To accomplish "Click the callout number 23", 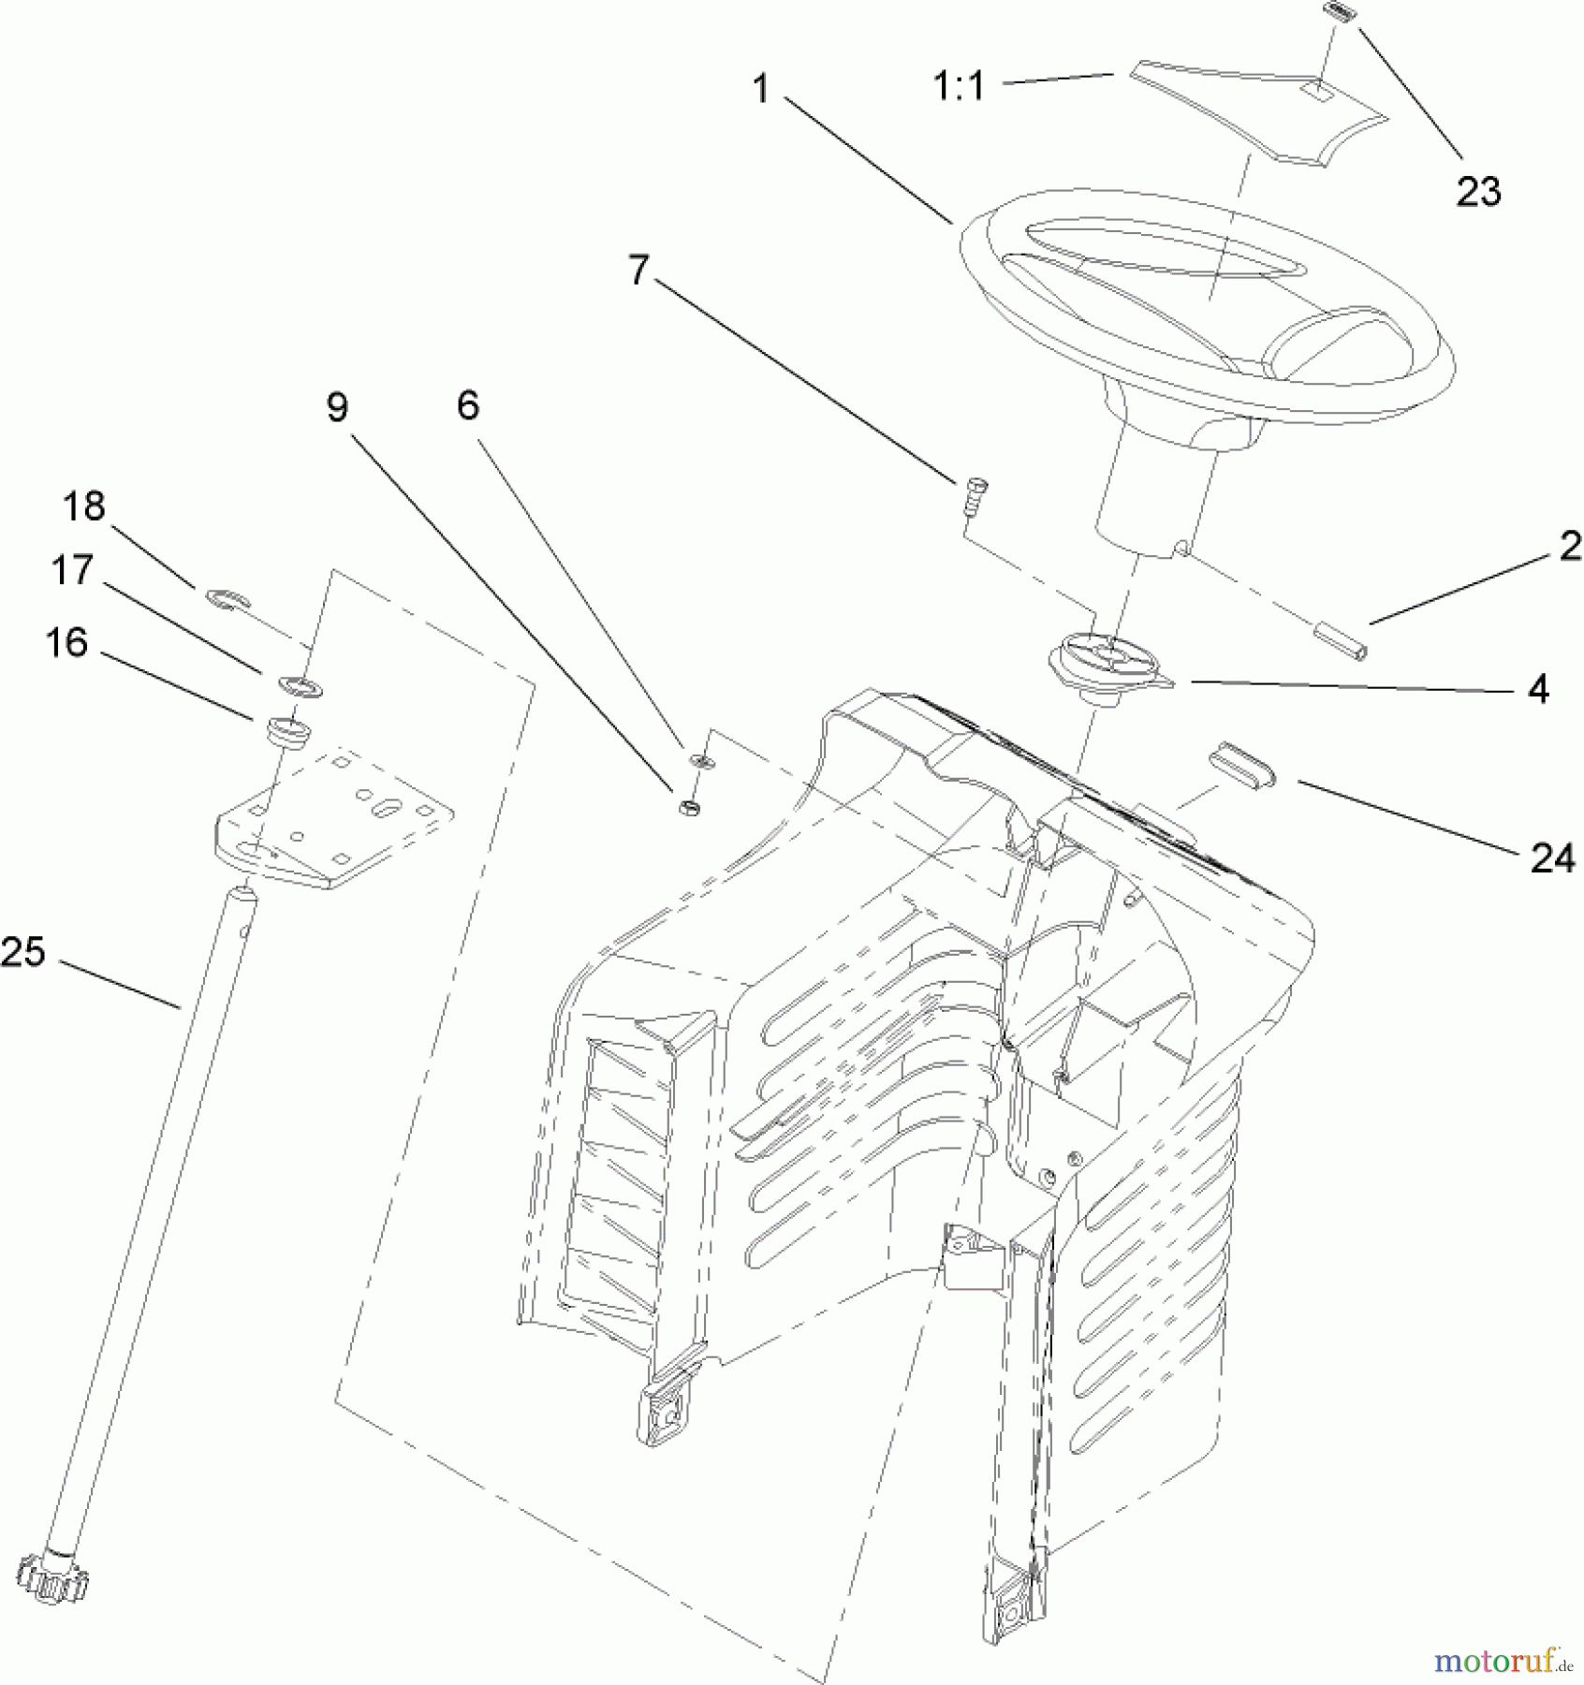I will pyautogui.click(x=1478, y=192).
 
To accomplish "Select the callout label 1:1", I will pyautogui.click(x=960, y=87).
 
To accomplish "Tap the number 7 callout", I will pyautogui.click(x=638, y=271).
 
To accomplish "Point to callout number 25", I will pyautogui.click(x=23, y=952).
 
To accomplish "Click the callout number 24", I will pyautogui.click(x=1552, y=858).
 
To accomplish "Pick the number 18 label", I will pyautogui.click(x=83, y=506).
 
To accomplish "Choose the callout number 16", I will pyautogui.click(x=66, y=643).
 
